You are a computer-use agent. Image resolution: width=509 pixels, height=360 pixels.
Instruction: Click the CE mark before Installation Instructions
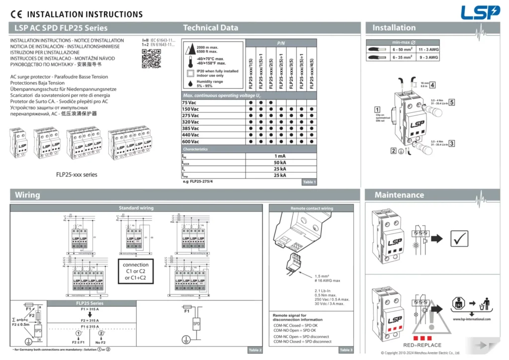point(16,14)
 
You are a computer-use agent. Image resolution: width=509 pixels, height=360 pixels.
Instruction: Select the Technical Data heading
point(210,28)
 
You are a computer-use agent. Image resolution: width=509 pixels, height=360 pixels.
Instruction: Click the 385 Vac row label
point(191,128)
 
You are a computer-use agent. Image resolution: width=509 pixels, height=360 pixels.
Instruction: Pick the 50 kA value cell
point(280,163)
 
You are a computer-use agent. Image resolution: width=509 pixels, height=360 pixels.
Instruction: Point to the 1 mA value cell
point(280,156)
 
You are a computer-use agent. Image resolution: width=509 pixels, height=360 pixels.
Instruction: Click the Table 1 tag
point(309,182)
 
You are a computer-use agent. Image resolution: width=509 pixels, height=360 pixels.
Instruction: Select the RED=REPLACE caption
point(422,345)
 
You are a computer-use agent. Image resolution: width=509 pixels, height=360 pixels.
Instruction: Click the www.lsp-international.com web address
point(472,319)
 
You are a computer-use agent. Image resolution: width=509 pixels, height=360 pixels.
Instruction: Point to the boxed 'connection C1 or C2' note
point(136,271)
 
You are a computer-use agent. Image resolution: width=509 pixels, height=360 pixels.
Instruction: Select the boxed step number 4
point(432,85)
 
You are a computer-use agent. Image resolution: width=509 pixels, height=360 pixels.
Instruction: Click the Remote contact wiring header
point(312,208)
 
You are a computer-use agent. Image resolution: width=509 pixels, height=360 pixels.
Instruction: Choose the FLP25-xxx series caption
point(77,175)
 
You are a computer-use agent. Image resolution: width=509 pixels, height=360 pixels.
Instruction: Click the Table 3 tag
point(345,350)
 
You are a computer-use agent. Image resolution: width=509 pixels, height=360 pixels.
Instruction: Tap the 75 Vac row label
point(190,102)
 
